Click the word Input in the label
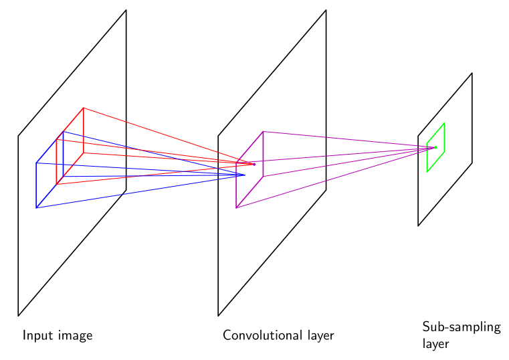click(x=34, y=336)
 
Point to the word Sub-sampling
click(x=462, y=327)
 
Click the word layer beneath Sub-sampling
click(x=435, y=344)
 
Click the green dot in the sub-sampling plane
click(x=435, y=147)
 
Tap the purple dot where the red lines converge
click(x=254, y=164)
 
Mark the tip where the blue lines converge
click(x=245, y=175)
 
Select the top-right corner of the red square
click(x=84, y=108)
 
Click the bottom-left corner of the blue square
click(x=36, y=207)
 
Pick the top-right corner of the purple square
click(x=263, y=131)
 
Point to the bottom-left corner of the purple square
click(x=236, y=207)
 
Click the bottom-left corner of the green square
click(x=427, y=172)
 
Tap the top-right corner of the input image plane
click(x=126, y=10)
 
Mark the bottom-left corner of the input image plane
click(x=18, y=316)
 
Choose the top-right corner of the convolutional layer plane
click(x=326, y=10)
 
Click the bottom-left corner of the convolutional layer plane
click(x=218, y=316)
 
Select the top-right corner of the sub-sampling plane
click(x=472, y=73)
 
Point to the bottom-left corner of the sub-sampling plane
click(x=418, y=226)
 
